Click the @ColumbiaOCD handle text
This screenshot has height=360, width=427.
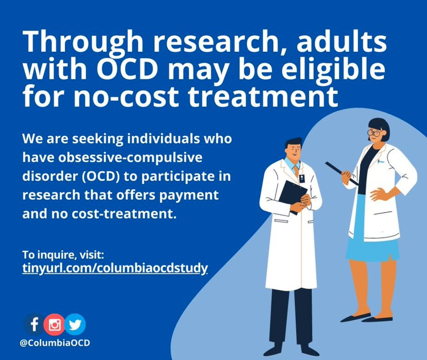(55, 343)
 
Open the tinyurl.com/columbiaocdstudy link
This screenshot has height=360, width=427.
(115, 268)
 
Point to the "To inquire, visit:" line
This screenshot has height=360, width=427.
(63, 255)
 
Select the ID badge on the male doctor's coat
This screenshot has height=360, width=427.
(302, 177)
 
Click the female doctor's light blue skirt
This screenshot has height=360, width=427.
(372, 242)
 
